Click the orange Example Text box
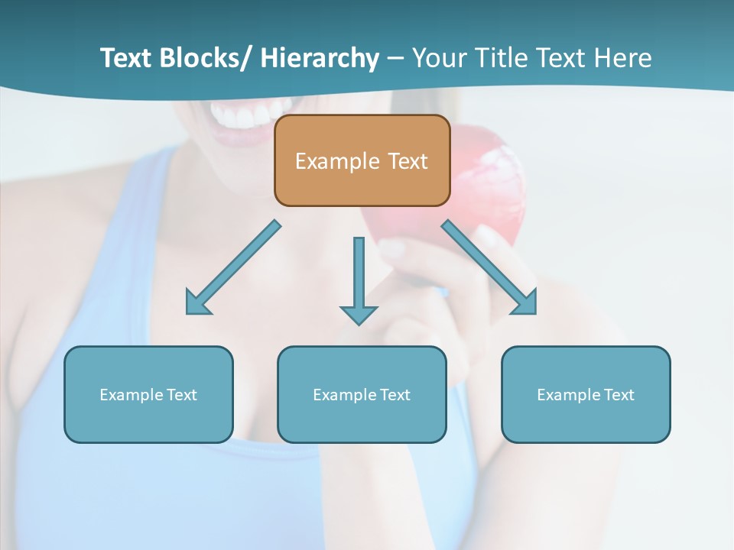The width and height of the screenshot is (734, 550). (362, 160)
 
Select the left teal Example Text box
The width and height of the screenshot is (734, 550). (148, 394)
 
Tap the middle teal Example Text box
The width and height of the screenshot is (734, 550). (362, 394)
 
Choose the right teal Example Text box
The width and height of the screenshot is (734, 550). (586, 394)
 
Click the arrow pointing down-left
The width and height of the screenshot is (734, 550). (233, 267)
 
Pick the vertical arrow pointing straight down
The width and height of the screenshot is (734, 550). (359, 279)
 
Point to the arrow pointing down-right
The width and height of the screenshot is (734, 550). (489, 267)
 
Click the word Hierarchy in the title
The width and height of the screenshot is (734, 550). (320, 58)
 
